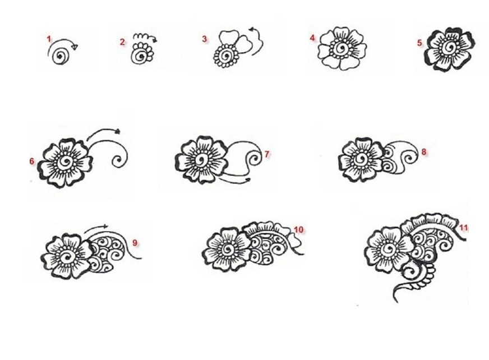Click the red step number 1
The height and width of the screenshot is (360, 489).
[x=49, y=39]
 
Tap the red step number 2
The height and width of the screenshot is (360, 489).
[x=122, y=42]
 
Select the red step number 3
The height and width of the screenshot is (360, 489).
[x=204, y=39]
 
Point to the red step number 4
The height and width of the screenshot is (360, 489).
[x=312, y=38]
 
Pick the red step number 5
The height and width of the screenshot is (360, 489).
[x=420, y=43]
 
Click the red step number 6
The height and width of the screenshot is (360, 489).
[x=32, y=161]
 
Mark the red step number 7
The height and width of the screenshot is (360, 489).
[x=267, y=154]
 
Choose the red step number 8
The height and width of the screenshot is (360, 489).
[x=424, y=152]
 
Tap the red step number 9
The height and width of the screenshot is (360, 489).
[x=135, y=243]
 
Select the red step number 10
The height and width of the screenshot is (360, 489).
[x=298, y=230]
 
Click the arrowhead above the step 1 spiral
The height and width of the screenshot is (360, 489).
[x=75, y=47]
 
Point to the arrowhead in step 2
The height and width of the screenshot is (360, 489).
[x=154, y=40]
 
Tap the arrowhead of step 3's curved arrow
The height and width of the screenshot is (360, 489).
[x=251, y=30]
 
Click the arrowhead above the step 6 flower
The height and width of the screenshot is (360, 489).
[x=118, y=131]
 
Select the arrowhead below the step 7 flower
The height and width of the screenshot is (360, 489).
[x=248, y=179]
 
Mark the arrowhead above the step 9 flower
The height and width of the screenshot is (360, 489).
[x=105, y=227]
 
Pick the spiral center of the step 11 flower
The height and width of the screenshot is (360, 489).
[x=389, y=249]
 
